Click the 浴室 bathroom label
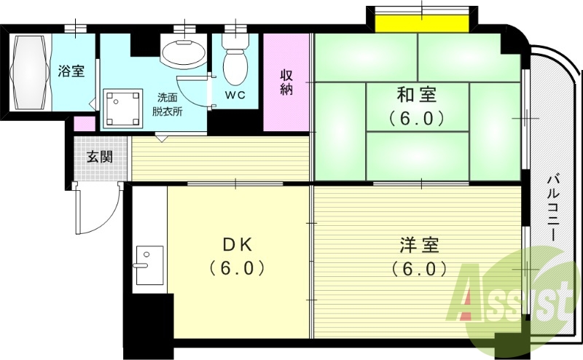71,71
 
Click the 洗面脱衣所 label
168,104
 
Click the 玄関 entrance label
99,157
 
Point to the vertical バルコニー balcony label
553,208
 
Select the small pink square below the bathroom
85,123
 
